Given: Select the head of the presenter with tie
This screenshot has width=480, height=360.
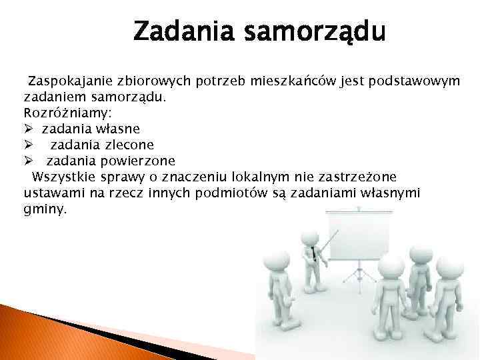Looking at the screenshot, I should pos(309,239).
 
